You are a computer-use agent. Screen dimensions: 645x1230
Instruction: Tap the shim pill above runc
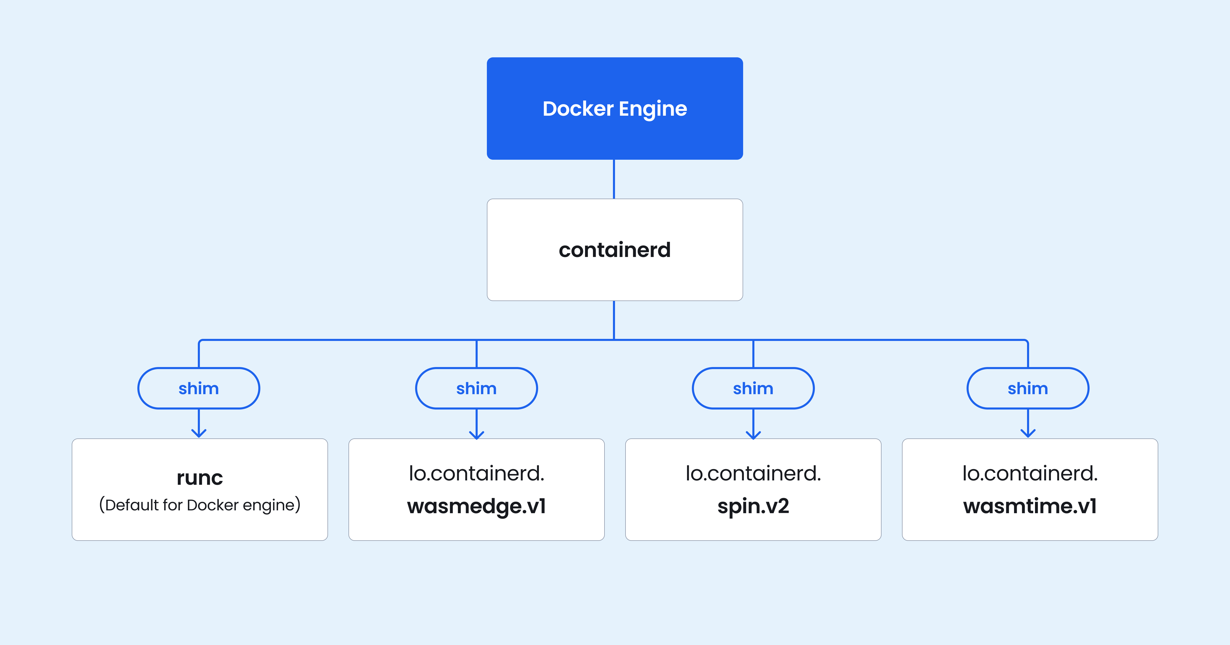[199, 388]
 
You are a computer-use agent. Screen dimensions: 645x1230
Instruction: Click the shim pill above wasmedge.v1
[477, 388]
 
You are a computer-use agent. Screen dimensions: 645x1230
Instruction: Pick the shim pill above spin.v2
[753, 388]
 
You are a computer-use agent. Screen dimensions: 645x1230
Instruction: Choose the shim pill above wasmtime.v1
[1028, 388]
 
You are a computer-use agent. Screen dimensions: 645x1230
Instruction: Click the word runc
[200, 478]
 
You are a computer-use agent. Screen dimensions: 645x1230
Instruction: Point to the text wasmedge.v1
[477, 506]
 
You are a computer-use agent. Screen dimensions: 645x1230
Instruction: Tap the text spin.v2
[753, 506]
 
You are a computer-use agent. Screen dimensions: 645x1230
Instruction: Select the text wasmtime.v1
[1030, 506]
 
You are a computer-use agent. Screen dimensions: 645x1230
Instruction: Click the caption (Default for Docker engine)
[200, 505]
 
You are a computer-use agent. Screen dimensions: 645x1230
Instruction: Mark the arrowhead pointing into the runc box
[199, 433]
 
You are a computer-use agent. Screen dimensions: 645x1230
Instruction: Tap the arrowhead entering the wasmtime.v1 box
[1028, 433]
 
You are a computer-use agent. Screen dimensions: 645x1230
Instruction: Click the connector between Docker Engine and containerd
[614, 179]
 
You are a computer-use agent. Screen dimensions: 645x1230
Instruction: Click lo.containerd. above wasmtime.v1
[1030, 473]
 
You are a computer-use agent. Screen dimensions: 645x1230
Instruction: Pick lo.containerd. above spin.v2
[753, 473]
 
